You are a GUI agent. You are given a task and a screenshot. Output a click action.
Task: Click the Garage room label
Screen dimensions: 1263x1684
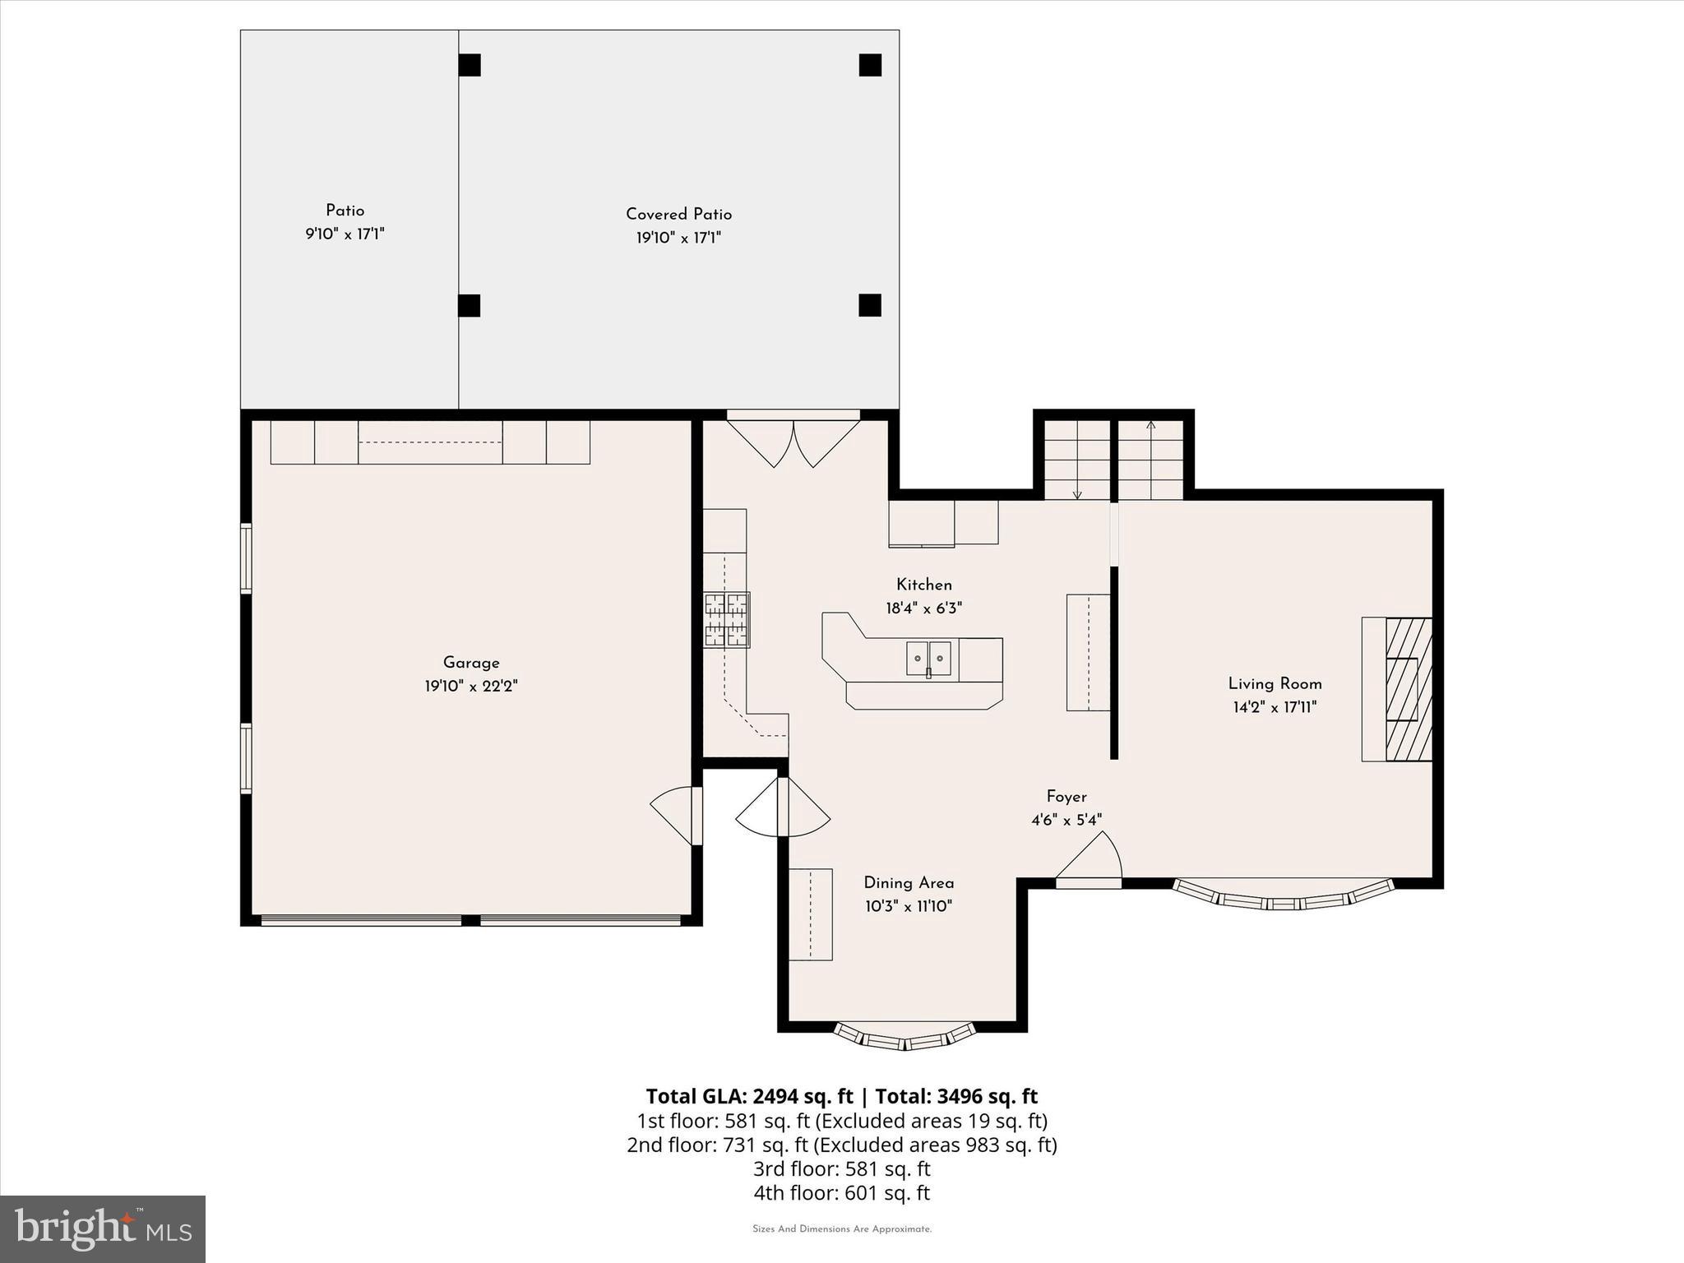click(x=471, y=663)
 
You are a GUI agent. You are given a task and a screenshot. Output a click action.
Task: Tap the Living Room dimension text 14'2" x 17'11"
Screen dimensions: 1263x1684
click(x=1275, y=707)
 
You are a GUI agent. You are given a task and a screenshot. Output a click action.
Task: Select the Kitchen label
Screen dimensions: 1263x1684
click(x=923, y=585)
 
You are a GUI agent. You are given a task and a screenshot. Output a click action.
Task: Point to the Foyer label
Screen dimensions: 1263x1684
click(x=1066, y=796)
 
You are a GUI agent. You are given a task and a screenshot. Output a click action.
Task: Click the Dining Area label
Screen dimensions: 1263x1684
click(x=909, y=882)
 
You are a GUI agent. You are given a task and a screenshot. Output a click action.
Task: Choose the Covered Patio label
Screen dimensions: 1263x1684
click(x=678, y=214)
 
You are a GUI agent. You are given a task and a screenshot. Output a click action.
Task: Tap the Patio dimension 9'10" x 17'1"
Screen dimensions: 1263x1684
click(x=345, y=234)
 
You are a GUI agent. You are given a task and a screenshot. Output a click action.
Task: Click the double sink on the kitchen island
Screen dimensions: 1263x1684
click(x=928, y=659)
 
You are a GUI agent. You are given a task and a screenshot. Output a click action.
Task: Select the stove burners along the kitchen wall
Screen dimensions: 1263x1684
click(x=726, y=620)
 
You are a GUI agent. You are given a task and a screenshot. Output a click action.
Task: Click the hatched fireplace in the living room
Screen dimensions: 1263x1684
click(x=1409, y=689)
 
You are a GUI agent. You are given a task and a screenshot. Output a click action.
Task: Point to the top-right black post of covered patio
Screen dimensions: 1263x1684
click(x=870, y=65)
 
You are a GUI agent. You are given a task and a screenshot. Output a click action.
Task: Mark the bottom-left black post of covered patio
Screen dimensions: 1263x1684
click(x=469, y=305)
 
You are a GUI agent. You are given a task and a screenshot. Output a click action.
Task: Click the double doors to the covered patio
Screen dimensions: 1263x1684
click(x=793, y=442)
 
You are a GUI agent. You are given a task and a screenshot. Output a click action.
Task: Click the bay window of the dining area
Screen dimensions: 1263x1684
click(x=904, y=1038)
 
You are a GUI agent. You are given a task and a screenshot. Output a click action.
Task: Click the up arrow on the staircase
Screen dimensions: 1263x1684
click(x=1150, y=426)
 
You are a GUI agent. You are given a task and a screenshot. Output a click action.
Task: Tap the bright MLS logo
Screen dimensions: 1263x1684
click(x=103, y=1228)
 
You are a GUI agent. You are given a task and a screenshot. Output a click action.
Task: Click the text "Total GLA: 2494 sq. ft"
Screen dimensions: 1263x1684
click(x=749, y=1096)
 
